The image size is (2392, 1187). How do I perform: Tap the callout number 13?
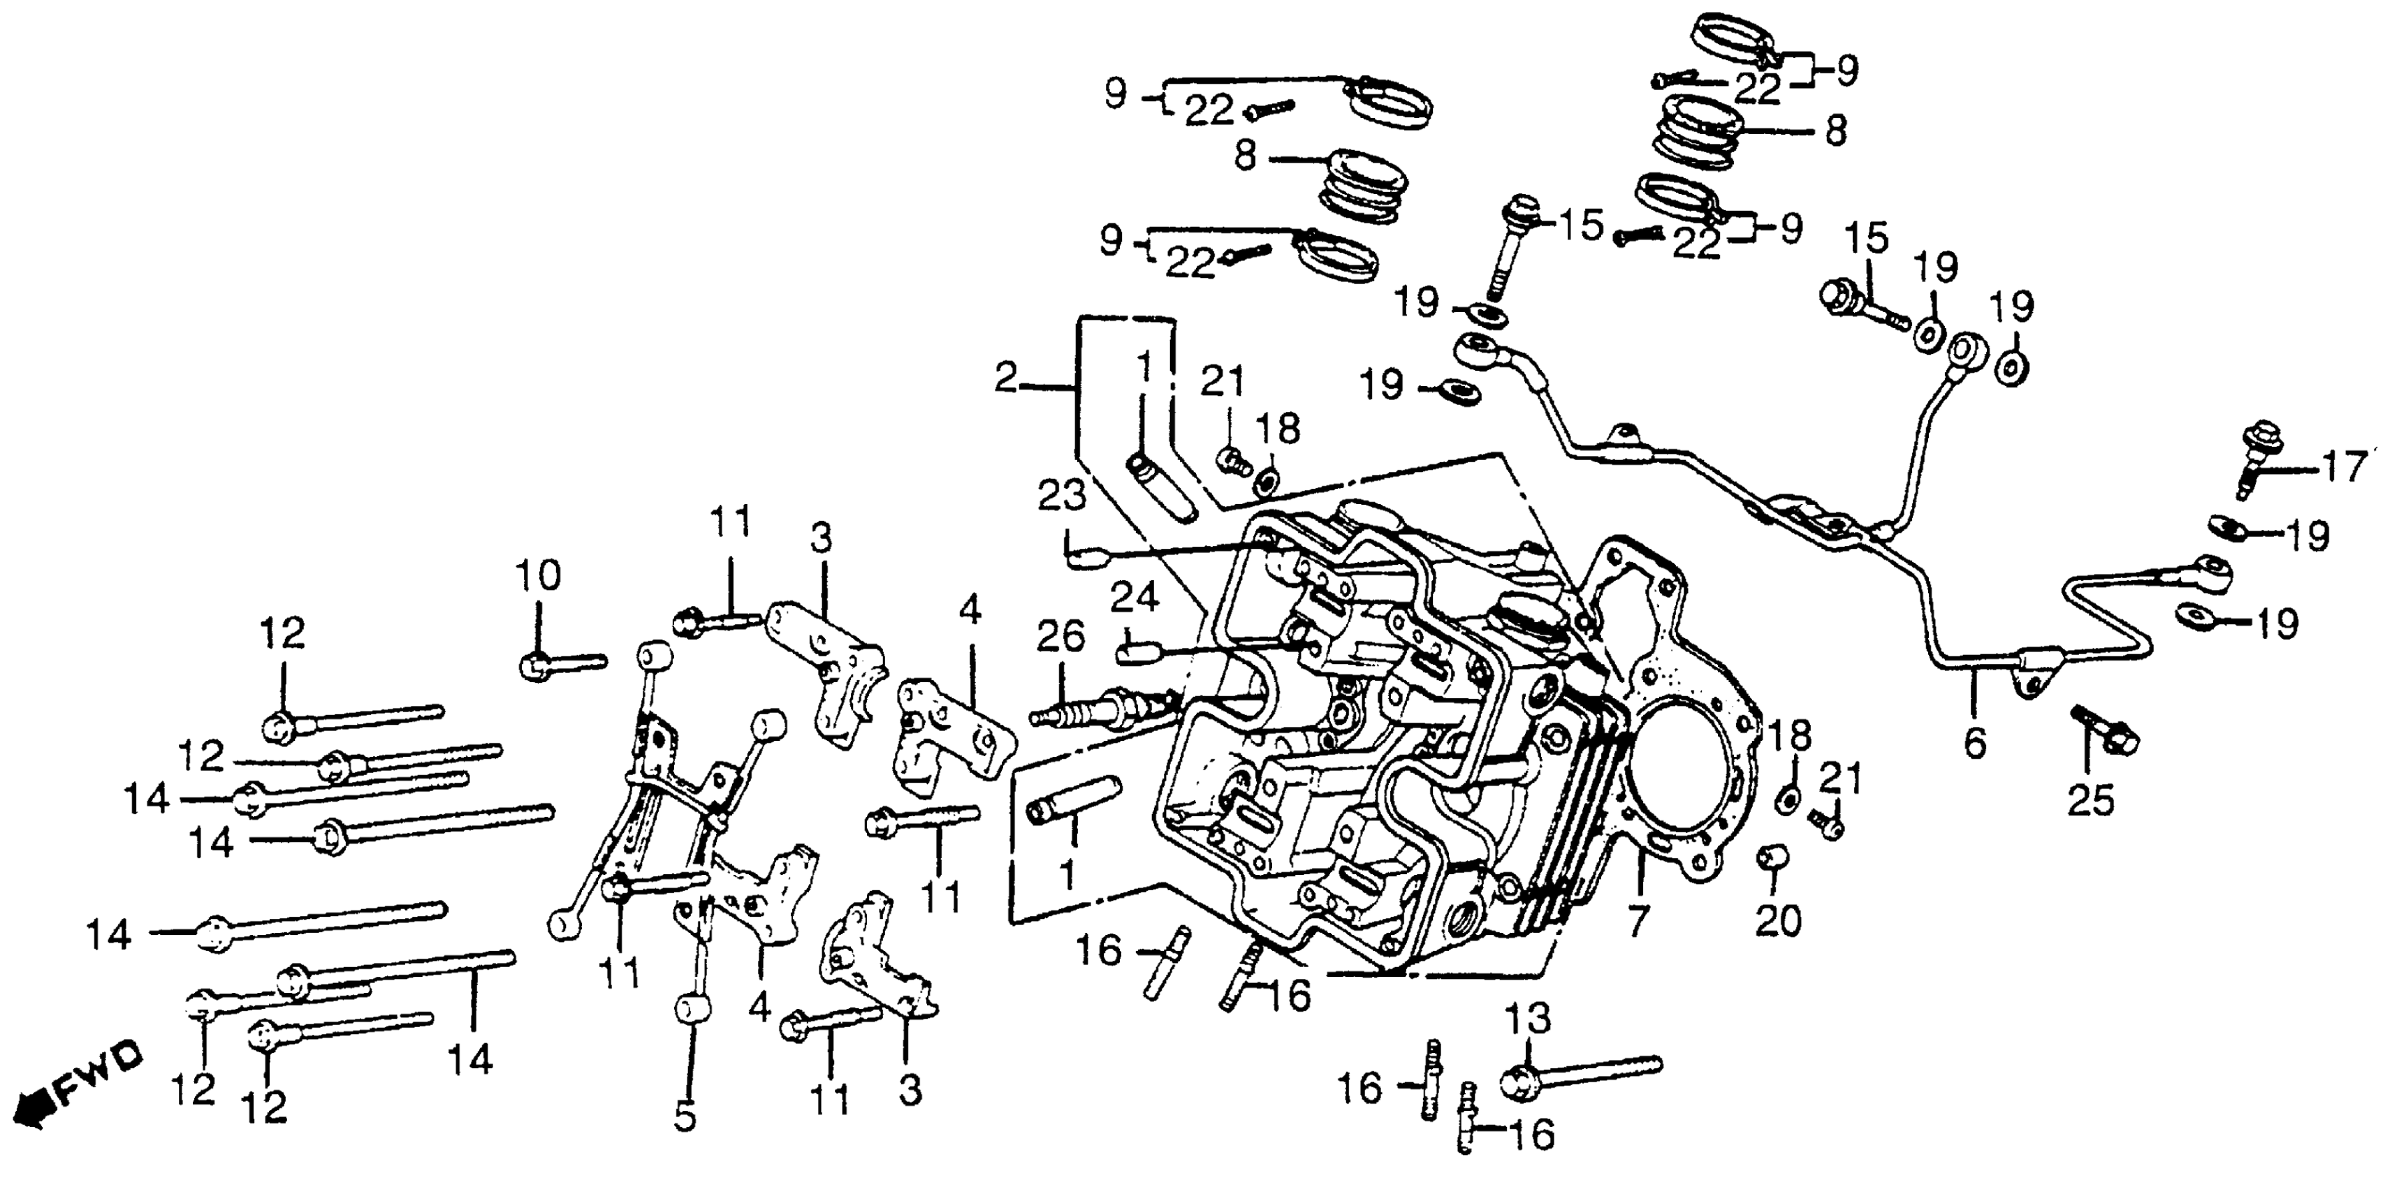coord(1528,1019)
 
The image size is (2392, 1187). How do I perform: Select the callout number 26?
coord(1060,637)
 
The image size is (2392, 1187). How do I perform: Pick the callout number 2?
coord(1006,378)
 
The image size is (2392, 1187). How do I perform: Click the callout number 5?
coord(685,1116)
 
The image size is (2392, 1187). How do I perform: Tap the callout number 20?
coord(1778,920)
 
